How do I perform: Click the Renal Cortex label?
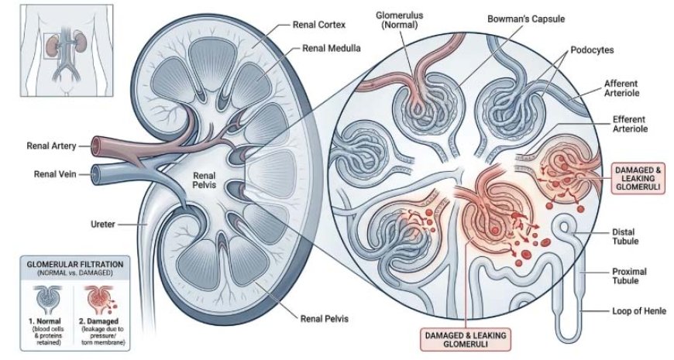pyautogui.click(x=319, y=25)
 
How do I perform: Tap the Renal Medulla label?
pyautogui.click(x=332, y=48)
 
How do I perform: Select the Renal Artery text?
pyautogui.click(x=51, y=146)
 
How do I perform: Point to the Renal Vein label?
pyautogui.click(x=55, y=174)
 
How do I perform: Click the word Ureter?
pyautogui.click(x=103, y=224)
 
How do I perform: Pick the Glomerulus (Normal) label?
pyautogui.click(x=399, y=20)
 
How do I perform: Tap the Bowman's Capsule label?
pyautogui.click(x=526, y=19)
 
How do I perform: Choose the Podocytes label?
pyautogui.click(x=592, y=50)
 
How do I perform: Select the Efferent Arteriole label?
pyautogui.click(x=630, y=124)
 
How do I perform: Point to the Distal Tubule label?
pyautogui.click(x=624, y=236)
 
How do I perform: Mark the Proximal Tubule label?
pyautogui.click(x=629, y=276)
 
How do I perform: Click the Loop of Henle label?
pyautogui.click(x=639, y=310)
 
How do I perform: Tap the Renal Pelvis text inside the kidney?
pyautogui.click(x=205, y=180)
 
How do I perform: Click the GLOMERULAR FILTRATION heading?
pyautogui.click(x=75, y=264)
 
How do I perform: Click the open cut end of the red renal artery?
pyautogui.click(x=96, y=145)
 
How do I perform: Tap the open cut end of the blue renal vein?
pyautogui.click(x=96, y=175)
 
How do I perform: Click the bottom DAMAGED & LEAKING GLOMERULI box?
pyautogui.click(x=466, y=339)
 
